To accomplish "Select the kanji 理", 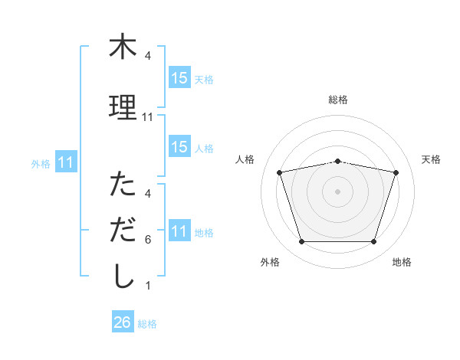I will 123,107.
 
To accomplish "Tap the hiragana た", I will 123,185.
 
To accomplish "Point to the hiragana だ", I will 123,230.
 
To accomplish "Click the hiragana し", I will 123,277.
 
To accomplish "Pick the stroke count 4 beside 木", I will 148,56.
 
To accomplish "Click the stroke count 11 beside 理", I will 148,117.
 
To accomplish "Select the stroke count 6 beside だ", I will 148,240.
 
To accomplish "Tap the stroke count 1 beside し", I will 148,286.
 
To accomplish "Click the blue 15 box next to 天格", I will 179,77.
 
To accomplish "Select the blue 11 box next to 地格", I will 179,231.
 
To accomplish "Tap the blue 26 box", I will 123,322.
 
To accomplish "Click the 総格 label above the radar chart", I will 338,100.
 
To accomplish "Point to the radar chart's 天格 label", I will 432,159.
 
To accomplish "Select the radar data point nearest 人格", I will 279,172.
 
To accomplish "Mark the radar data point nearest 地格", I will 373,242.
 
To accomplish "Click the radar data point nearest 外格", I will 301,242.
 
